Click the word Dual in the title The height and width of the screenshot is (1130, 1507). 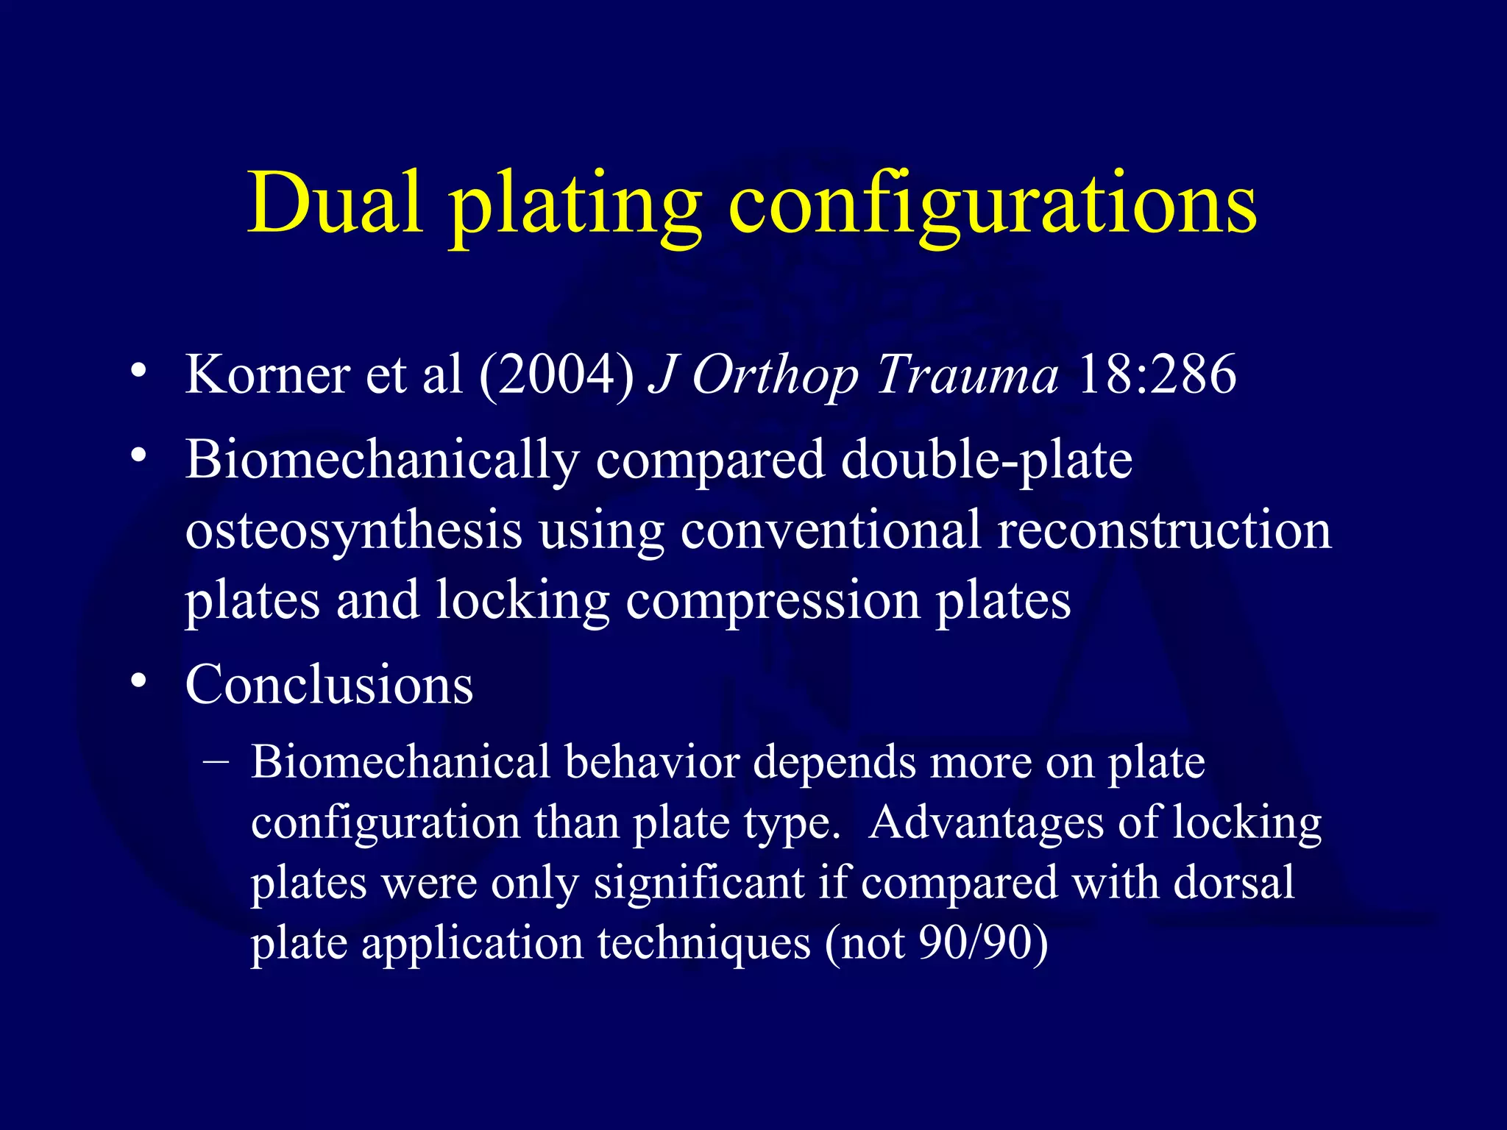(x=335, y=202)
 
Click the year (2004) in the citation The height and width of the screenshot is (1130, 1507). (x=557, y=375)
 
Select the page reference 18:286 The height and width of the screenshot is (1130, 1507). (x=1156, y=374)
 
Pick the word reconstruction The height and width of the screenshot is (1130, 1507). (x=1164, y=530)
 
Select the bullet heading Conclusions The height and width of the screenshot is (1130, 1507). (x=329, y=685)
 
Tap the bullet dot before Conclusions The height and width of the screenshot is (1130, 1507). (x=138, y=681)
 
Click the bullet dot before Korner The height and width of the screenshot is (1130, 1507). (x=138, y=371)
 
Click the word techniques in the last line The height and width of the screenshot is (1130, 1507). (x=703, y=943)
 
